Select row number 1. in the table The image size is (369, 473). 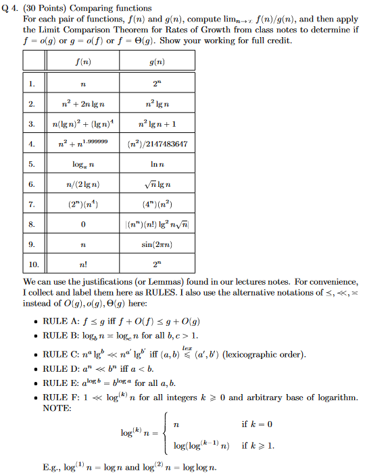coord(32,84)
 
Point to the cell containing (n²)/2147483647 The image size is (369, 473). coord(157,144)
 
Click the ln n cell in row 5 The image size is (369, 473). coord(157,164)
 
